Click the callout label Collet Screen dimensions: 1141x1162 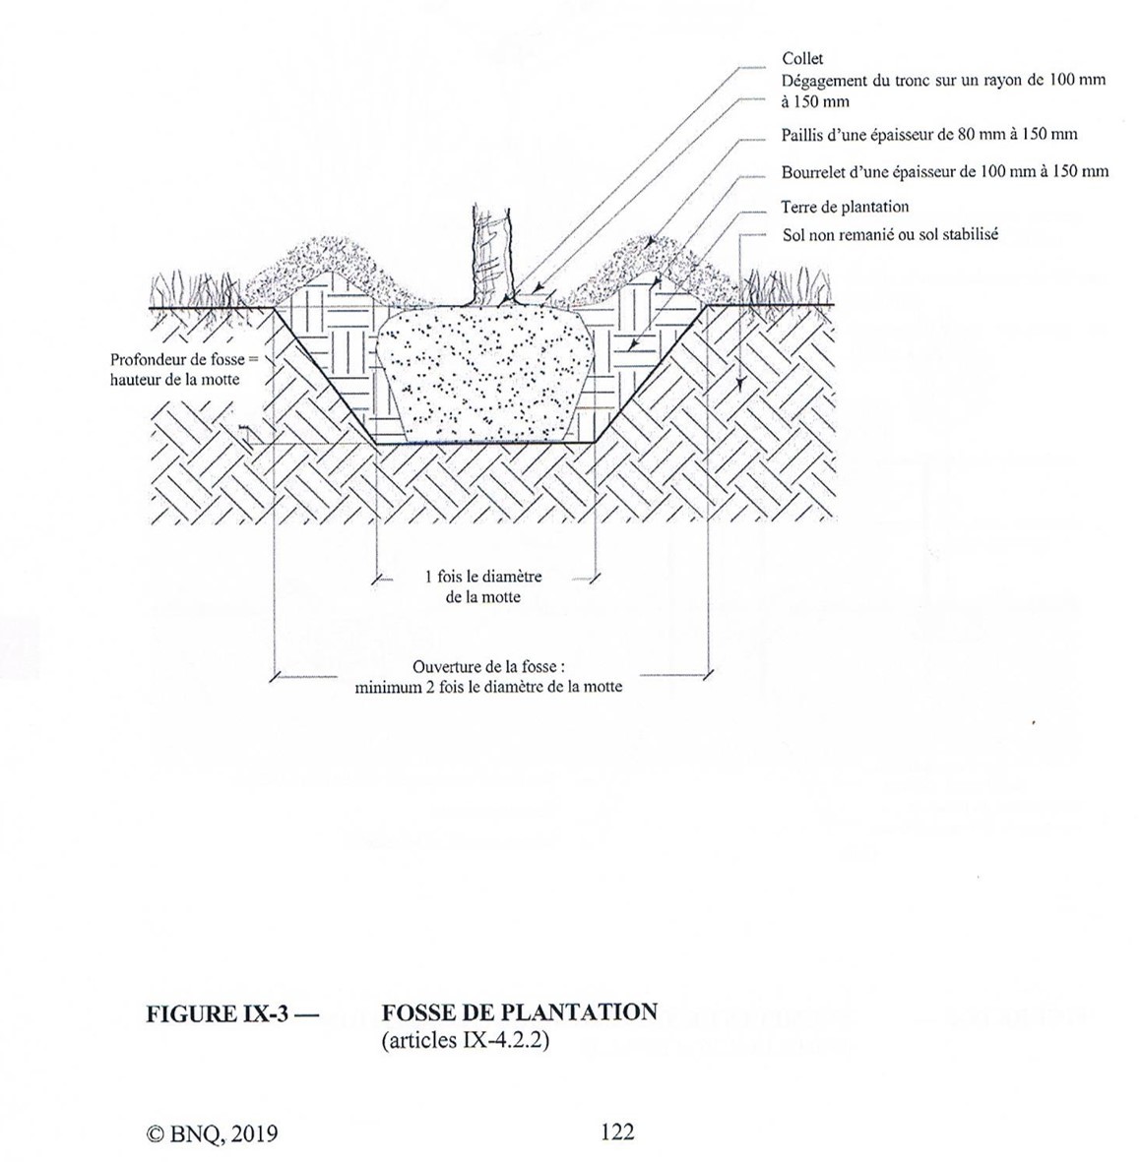point(802,60)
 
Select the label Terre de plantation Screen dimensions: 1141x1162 point(845,207)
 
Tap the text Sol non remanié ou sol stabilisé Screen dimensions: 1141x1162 point(890,234)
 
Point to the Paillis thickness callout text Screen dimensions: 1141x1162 point(928,135)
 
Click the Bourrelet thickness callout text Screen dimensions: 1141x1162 point(944,171)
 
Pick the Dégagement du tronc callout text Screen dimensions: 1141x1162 point(942,90)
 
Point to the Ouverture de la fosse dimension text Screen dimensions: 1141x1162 point(488,678)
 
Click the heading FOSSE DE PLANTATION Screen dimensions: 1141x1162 point(519,1012)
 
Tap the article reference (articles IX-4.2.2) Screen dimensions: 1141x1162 point(464,1038)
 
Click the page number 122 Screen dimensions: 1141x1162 point(617,1131)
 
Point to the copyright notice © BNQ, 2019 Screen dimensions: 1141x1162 point(212,1133)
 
